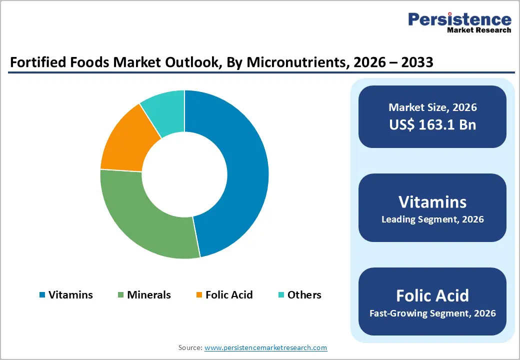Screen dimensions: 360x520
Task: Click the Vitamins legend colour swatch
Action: [x=42, y=295]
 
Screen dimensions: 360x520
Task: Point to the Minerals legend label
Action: [x=149, y=295]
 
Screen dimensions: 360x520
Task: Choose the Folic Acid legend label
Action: [x=229, y=295]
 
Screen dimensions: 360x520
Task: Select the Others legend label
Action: [x=304, y=295]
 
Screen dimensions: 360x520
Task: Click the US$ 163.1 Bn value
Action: [x=432, y=124]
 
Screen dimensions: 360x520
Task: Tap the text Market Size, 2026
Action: [x=432, y=107]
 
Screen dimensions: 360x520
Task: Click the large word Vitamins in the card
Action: [x=432, y=201]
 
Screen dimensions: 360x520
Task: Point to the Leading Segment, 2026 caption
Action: [x=432, y=219]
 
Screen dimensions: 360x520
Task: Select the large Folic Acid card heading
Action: [x=432, y=295]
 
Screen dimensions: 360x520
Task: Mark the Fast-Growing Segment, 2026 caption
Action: [x=432, y=313]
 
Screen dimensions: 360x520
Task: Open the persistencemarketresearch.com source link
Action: [x=266, y=347]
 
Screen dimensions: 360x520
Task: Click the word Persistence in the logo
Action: [x=459, y=19]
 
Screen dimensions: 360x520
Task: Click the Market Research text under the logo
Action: [x=478, y=30]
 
